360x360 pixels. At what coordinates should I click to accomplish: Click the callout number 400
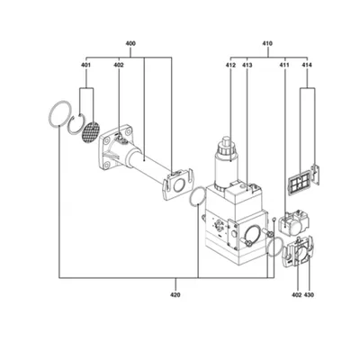tap(130, 43)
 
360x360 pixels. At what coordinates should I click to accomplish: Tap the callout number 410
tap(267, 43)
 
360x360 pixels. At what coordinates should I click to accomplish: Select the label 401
tap(86, 65)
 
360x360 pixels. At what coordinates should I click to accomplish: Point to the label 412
tap(230, 65)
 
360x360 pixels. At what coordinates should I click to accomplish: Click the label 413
tap(247, 65)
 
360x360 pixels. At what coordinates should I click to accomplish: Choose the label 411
tap(284, 65)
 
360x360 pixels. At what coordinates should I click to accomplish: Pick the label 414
tap(307, 65)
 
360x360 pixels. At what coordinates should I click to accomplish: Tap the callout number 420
tap(175, 295)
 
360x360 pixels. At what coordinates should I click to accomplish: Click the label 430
tap(309, 295)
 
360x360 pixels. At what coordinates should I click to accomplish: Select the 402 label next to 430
tap(296, 295)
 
